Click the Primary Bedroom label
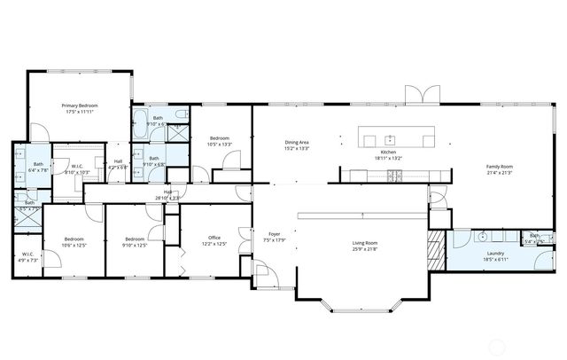(x=80, y=106)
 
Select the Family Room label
(x=499, y=167)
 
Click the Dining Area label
(x=297, y=143)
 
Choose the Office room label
(x=214, y=238)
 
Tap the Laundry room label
(x=494, y=253)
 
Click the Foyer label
(x=275, y=234)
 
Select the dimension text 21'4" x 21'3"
(x=499, y=173)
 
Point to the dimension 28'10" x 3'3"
(x=167, y=198)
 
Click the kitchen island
(x=397, y=138)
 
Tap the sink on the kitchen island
(x=389, y=138)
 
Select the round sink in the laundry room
(x=484, y=238)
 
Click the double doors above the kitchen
(x=421, y=95)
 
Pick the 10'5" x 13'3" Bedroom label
(x=220, y=138)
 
